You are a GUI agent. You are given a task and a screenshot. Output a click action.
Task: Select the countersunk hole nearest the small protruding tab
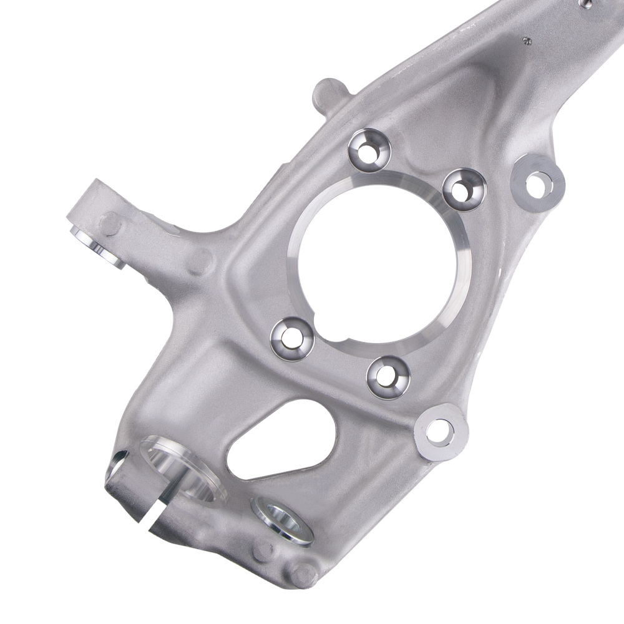coord(369,150)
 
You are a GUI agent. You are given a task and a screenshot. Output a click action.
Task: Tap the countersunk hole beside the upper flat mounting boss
coord(464,189)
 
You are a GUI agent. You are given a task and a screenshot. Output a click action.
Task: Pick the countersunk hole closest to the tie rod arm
coord(292,338)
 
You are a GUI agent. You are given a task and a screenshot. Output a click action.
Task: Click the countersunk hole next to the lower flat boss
coord(388,376)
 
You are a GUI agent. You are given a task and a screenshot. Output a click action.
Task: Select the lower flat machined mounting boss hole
coord(440,432)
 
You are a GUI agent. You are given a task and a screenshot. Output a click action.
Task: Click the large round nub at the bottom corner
coord(304,574)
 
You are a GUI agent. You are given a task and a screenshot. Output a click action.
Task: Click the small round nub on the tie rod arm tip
coord(110,223)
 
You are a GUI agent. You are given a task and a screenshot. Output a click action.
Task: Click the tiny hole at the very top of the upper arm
coord(585,4)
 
